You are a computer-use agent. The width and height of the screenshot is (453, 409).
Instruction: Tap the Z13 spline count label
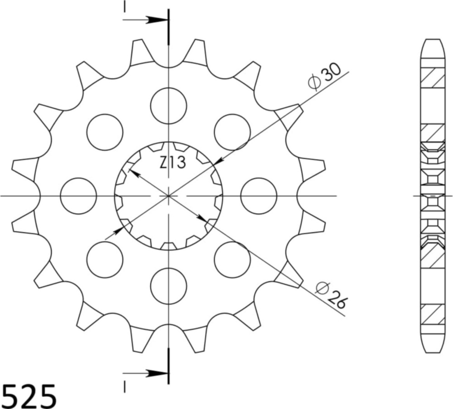(172, 163)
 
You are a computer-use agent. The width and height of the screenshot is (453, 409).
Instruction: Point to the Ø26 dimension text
(331, 295)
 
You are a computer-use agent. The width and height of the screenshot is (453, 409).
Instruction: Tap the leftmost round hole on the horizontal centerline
(78, 196)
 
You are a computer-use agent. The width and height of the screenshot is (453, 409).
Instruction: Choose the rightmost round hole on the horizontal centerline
(259, 196)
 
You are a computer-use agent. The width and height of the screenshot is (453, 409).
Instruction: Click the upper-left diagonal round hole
(105, 132)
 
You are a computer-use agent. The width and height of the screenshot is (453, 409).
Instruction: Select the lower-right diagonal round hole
(232, 260)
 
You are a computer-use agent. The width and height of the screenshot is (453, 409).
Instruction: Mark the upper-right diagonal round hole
(232, 132)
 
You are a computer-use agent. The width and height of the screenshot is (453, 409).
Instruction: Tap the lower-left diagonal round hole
(105, 260)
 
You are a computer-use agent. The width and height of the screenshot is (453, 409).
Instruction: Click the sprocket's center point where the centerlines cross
(169, 196)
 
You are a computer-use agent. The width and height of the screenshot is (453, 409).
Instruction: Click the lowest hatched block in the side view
(432, 314)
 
